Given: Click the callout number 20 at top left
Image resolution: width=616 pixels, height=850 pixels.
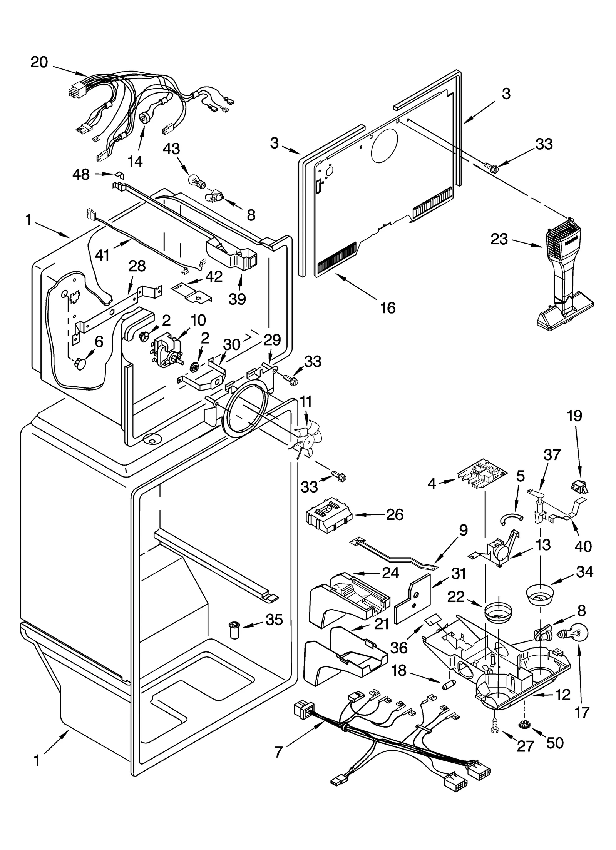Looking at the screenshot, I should point(39,62).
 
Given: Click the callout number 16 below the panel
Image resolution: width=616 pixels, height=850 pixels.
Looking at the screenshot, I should point(388,307).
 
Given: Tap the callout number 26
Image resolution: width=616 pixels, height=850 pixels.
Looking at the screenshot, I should point(395,514).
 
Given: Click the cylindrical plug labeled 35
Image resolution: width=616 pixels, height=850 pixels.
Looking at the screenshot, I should point(233,630).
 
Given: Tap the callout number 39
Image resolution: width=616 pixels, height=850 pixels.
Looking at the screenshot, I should point(237,298).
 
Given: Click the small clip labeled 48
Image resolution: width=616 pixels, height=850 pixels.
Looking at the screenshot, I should point(120,175).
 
